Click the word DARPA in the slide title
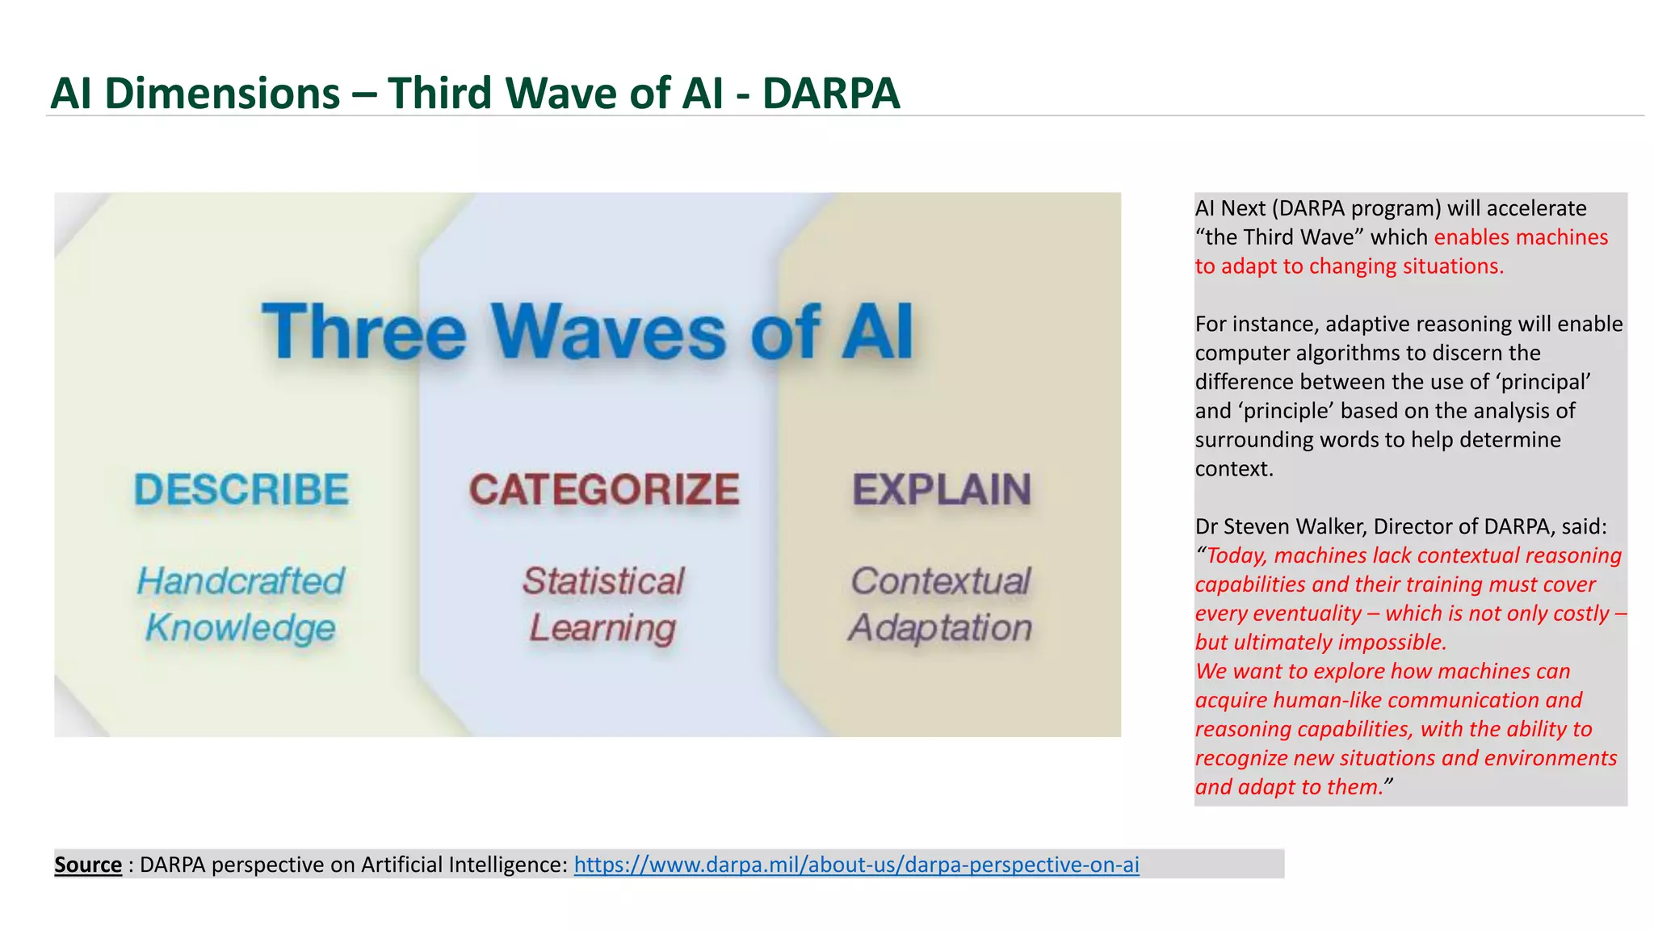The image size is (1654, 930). [x=830, y=93]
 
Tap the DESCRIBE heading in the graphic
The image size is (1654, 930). [x=241, y=490]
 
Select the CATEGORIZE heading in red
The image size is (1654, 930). [x=604, y=490]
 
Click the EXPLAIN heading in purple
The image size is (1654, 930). [x=942, y=490]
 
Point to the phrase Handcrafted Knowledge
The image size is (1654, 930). [x=241, y=605]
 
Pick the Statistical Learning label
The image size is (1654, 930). [x=603, y=605]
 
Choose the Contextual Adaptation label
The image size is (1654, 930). [x=941, y=605]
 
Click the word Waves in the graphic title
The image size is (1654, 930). [x=609, y=332]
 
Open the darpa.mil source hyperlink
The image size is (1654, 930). [x=856, y=865]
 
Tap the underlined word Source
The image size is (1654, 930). [x=88, y=865]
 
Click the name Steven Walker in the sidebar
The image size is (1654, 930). [x=1295, y=526]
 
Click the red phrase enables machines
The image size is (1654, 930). [x=1521, y=237]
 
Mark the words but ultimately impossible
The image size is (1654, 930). [x=1320, y=643]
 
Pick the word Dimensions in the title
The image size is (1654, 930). [x=222, y=93]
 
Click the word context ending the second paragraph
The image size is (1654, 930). [x=1232, y=469]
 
